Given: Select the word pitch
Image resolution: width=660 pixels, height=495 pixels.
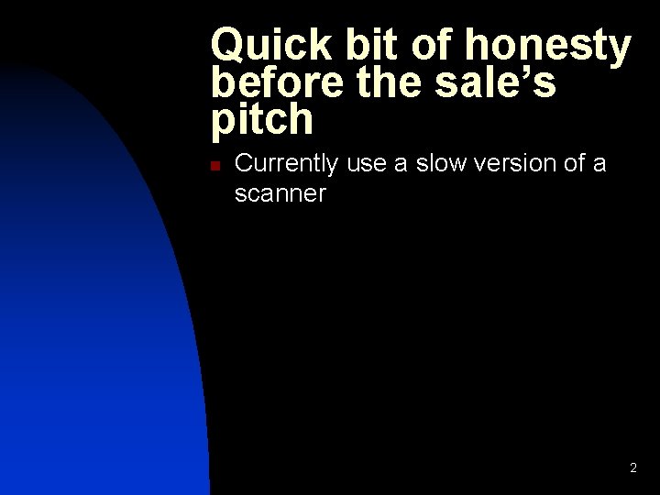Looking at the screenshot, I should pos(262,119).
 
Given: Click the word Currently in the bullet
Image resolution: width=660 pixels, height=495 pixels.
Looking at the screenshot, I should pos(286,165).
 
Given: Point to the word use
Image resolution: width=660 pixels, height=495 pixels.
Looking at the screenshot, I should pos(364,165).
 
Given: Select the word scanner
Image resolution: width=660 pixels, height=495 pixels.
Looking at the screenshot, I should pos(280,194).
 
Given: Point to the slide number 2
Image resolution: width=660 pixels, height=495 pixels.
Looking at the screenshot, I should pos(632,468).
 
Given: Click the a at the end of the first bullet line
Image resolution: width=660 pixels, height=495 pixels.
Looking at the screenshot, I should pos(599,165).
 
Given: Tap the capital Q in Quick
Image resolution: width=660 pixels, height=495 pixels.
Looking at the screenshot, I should pos(228,46).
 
